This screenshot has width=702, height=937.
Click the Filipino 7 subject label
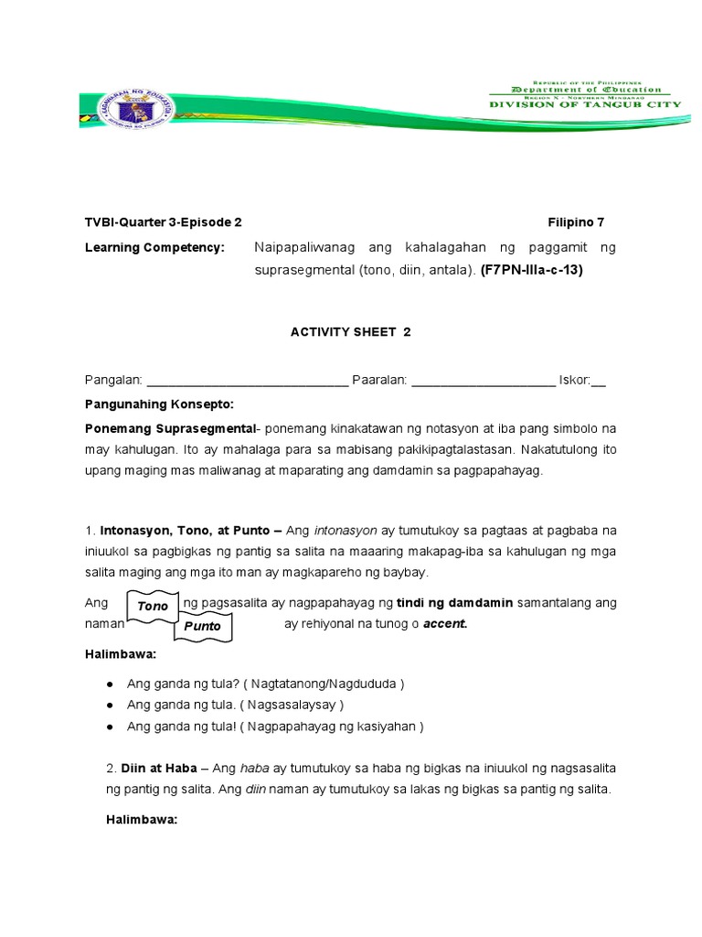click(576, 222)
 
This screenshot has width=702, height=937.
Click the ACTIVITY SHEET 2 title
click(351, 332)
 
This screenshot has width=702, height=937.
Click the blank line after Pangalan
click(247, 382)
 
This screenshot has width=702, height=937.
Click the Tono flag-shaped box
click(153, 606)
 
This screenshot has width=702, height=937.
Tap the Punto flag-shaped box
click(203, 627)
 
